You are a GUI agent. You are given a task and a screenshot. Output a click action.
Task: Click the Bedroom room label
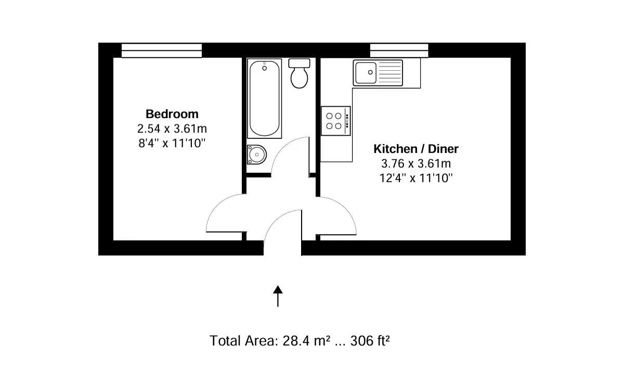click(x=172, y=114)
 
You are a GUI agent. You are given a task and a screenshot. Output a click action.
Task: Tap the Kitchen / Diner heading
click(x=416, y=149)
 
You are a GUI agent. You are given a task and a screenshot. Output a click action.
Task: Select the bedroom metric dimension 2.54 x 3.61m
click(x=172, y=129)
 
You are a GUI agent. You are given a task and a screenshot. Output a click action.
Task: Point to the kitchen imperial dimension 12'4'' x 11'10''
click(x=416, y=178)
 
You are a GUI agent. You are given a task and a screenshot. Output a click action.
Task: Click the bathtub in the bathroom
click(x=264, y=98)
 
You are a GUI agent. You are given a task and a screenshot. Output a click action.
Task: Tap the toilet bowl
click(x=299, y=78)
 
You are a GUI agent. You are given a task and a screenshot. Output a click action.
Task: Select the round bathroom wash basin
click(x=257, y=155)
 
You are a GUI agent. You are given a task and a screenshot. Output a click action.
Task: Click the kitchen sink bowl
click(x=366, y=73)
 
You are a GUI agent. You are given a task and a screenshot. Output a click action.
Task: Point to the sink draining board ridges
click(x=390, y=73)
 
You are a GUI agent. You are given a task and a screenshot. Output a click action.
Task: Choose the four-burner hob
click(x=335, y=121)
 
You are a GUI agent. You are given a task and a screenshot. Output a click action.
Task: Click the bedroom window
click(x=162, y=50)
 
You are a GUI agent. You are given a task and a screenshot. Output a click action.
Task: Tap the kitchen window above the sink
click(x=399, y=50)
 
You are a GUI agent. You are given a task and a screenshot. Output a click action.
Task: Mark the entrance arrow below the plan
click(x=278, y=296)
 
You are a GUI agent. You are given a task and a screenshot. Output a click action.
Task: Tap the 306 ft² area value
click(x=370, y=341)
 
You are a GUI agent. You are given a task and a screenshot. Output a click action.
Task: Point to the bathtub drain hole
click(x=265, y=68)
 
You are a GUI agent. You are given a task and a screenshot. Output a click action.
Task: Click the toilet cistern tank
click(x=299, y=63)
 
